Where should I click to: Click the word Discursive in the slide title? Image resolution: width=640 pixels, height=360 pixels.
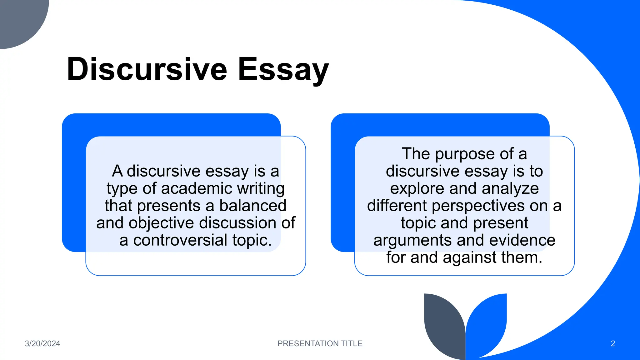coord(147,69)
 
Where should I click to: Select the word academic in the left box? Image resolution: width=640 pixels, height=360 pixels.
coord(197,188)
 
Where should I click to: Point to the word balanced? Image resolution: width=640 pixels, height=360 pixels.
coord(252,206)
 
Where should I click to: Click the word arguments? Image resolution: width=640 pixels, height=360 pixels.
coord(412,241)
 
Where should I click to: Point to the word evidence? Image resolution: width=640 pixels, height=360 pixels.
coord(522,240)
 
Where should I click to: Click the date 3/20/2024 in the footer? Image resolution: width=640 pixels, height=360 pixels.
coord(42,343)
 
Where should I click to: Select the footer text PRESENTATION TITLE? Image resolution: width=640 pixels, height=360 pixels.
coord(320,343)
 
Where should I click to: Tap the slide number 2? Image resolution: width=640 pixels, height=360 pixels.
coord(613,343)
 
